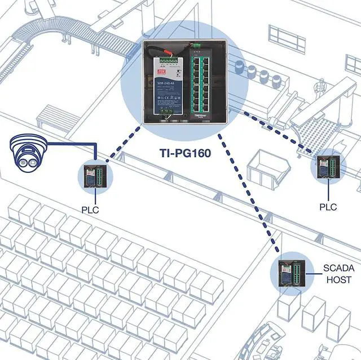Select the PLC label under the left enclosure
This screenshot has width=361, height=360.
(x=90, y=210)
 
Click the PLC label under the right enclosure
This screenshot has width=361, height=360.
(x=328, y=207)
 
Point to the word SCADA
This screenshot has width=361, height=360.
(x=337, y=268)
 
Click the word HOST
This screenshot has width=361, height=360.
(x=337, y=279)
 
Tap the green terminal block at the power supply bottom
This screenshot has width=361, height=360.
(x=165, y=112)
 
